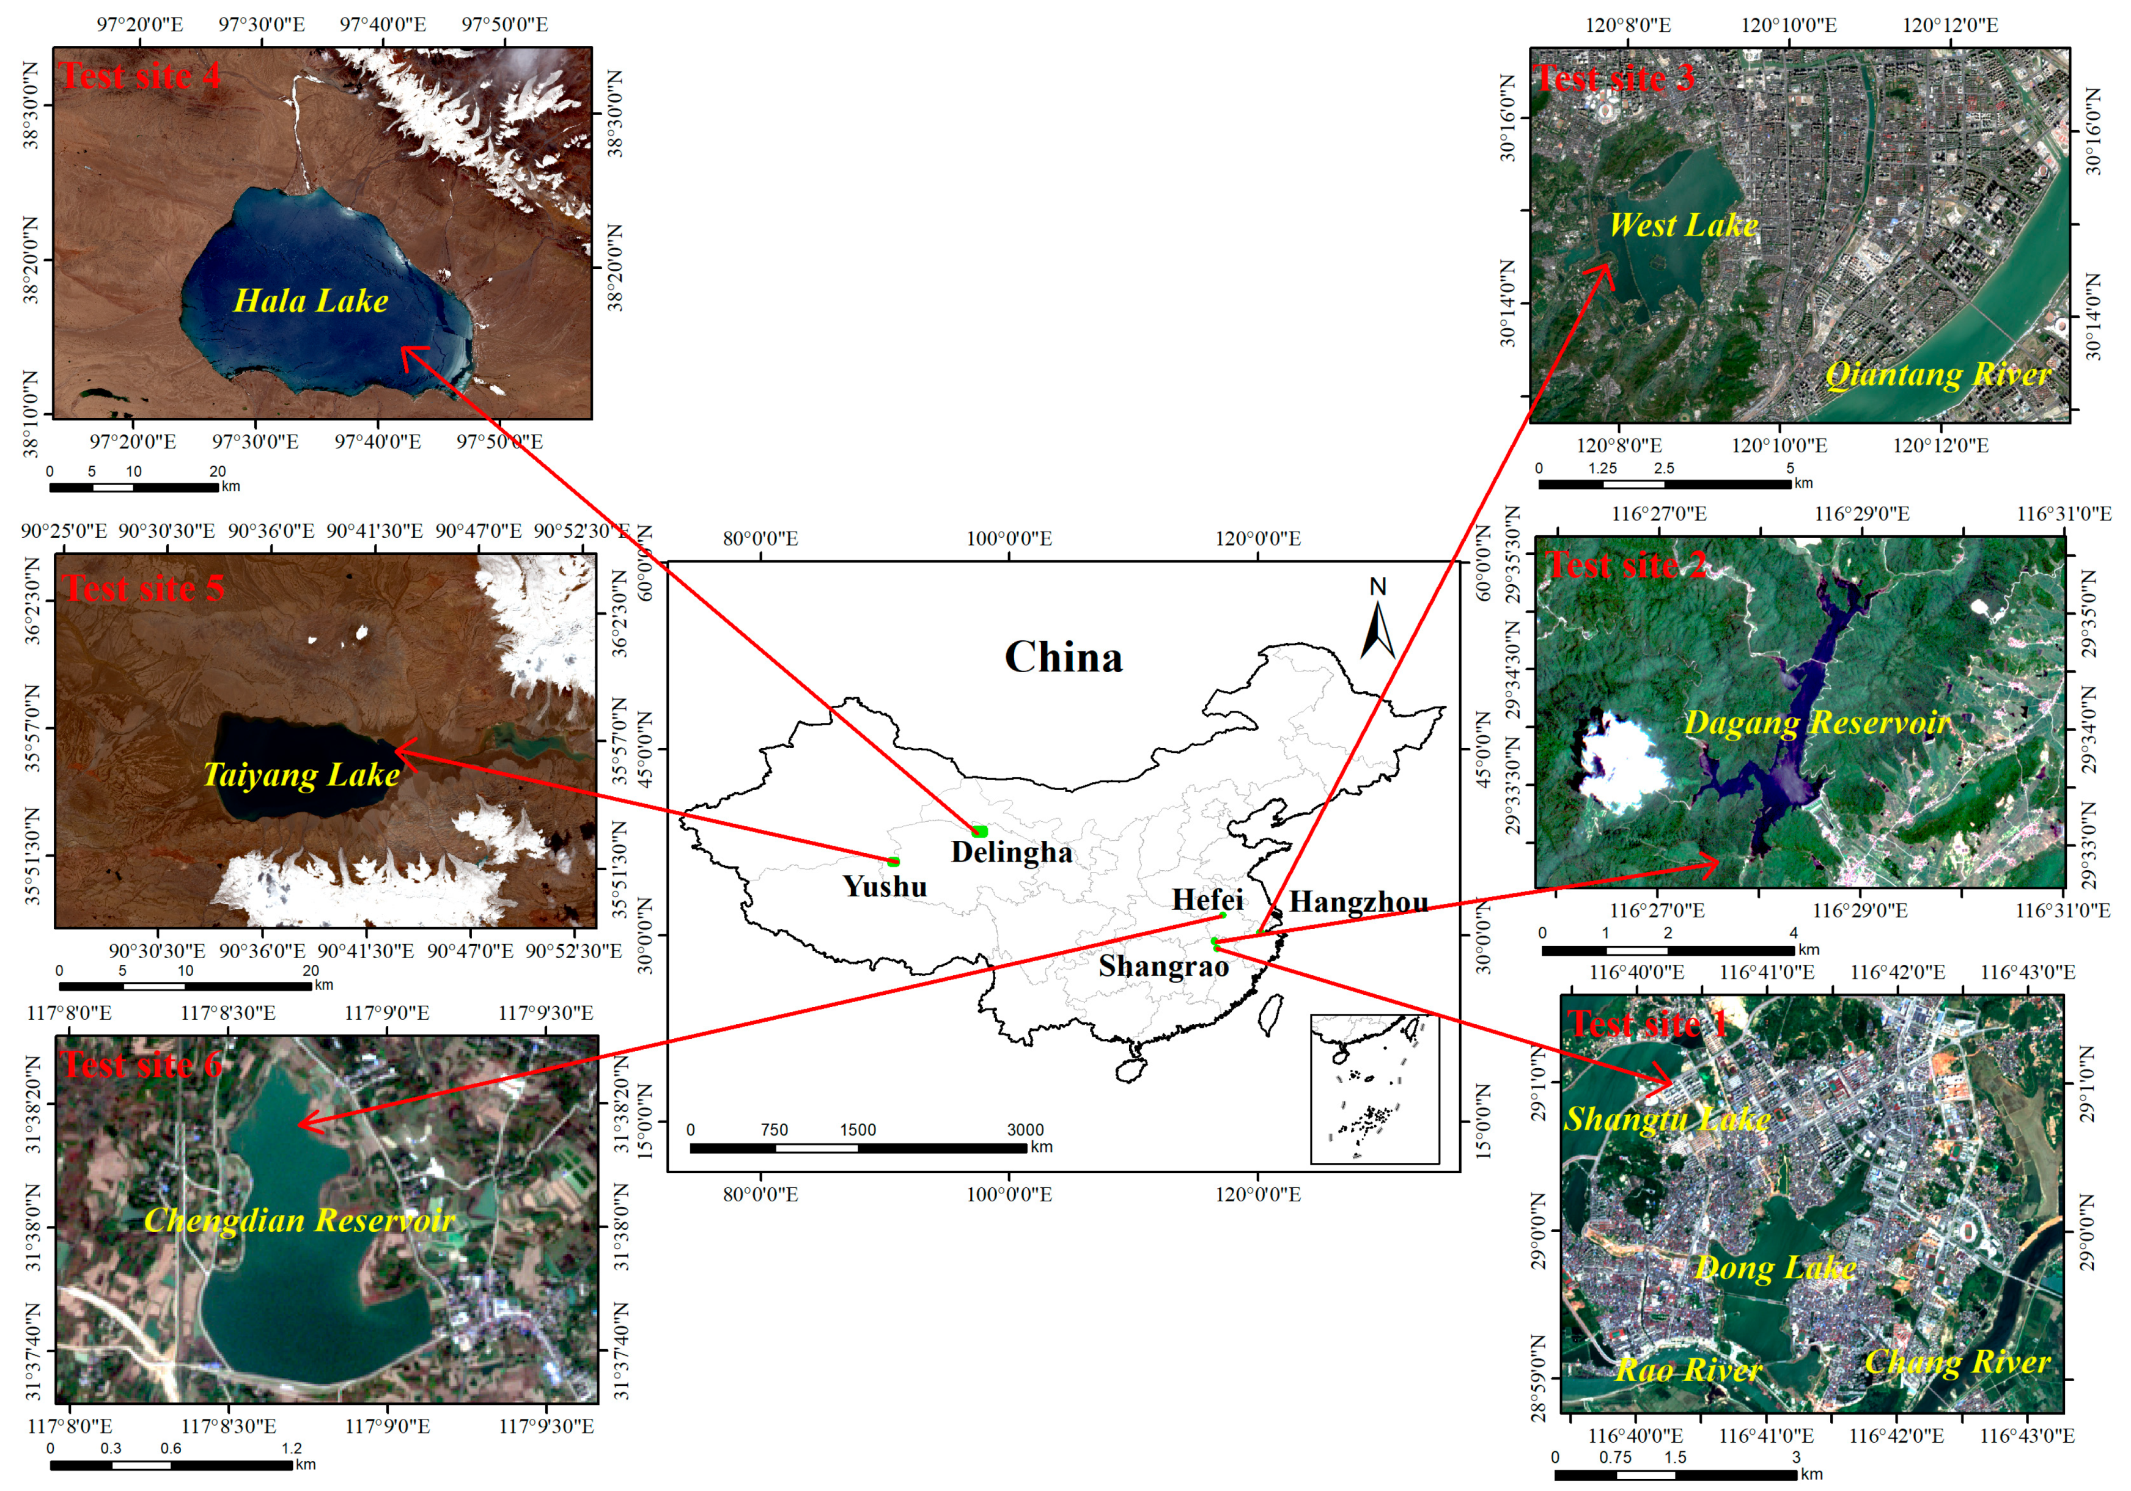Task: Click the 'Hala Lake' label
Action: click(311, 301)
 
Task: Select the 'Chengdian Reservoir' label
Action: click(300, 1220)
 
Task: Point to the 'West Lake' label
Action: click(1684, 225)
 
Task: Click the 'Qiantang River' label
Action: click(1938, 374)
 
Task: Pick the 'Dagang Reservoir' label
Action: click(1816, 723)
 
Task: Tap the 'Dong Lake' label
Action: click(1775, 1267)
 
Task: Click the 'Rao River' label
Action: click(1688, 1369)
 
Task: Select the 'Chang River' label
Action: click(1957, 1361)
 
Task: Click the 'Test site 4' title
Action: click(140, 76)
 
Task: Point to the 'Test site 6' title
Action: click(142, 1064)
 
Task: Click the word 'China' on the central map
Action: click(1064, 657)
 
